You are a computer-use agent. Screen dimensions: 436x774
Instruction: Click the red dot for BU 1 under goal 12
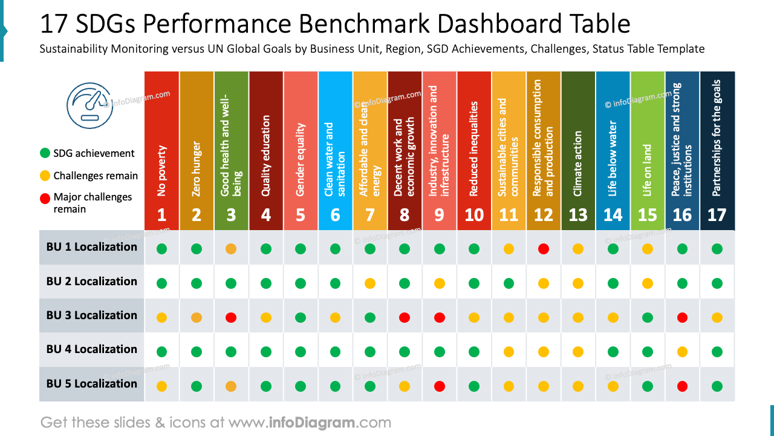click(544, 248)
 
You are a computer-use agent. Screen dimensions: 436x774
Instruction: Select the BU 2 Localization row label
click(92, 282)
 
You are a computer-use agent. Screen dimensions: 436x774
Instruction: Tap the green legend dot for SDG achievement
click(45, 153)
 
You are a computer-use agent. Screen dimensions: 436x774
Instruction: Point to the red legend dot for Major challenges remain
click(45, 197)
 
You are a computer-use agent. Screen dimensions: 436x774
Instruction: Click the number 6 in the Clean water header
click(335, 215)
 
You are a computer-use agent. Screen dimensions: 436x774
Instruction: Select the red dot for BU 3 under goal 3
click(231, 317)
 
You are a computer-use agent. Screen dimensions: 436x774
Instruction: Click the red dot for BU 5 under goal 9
click(440, 386)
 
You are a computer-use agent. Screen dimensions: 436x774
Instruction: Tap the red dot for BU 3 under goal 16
click(682, 317)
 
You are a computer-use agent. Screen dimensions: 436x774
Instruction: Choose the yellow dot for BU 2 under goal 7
click(370, 283)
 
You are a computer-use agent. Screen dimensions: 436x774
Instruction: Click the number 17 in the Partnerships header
click(717, 215)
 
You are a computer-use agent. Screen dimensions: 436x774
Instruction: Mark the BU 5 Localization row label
click(92, 384)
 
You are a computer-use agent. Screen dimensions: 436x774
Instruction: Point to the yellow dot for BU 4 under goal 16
click(682, 351)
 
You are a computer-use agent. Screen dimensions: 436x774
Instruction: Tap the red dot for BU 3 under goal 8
click(405, 317)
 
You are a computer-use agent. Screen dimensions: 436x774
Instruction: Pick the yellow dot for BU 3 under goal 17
click(717, 317)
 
